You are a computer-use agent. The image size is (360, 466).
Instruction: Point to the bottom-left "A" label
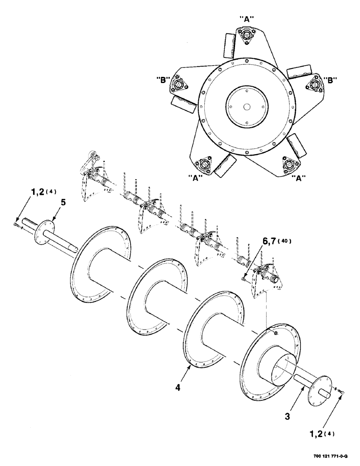195,178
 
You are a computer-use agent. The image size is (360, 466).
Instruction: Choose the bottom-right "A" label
299,178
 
